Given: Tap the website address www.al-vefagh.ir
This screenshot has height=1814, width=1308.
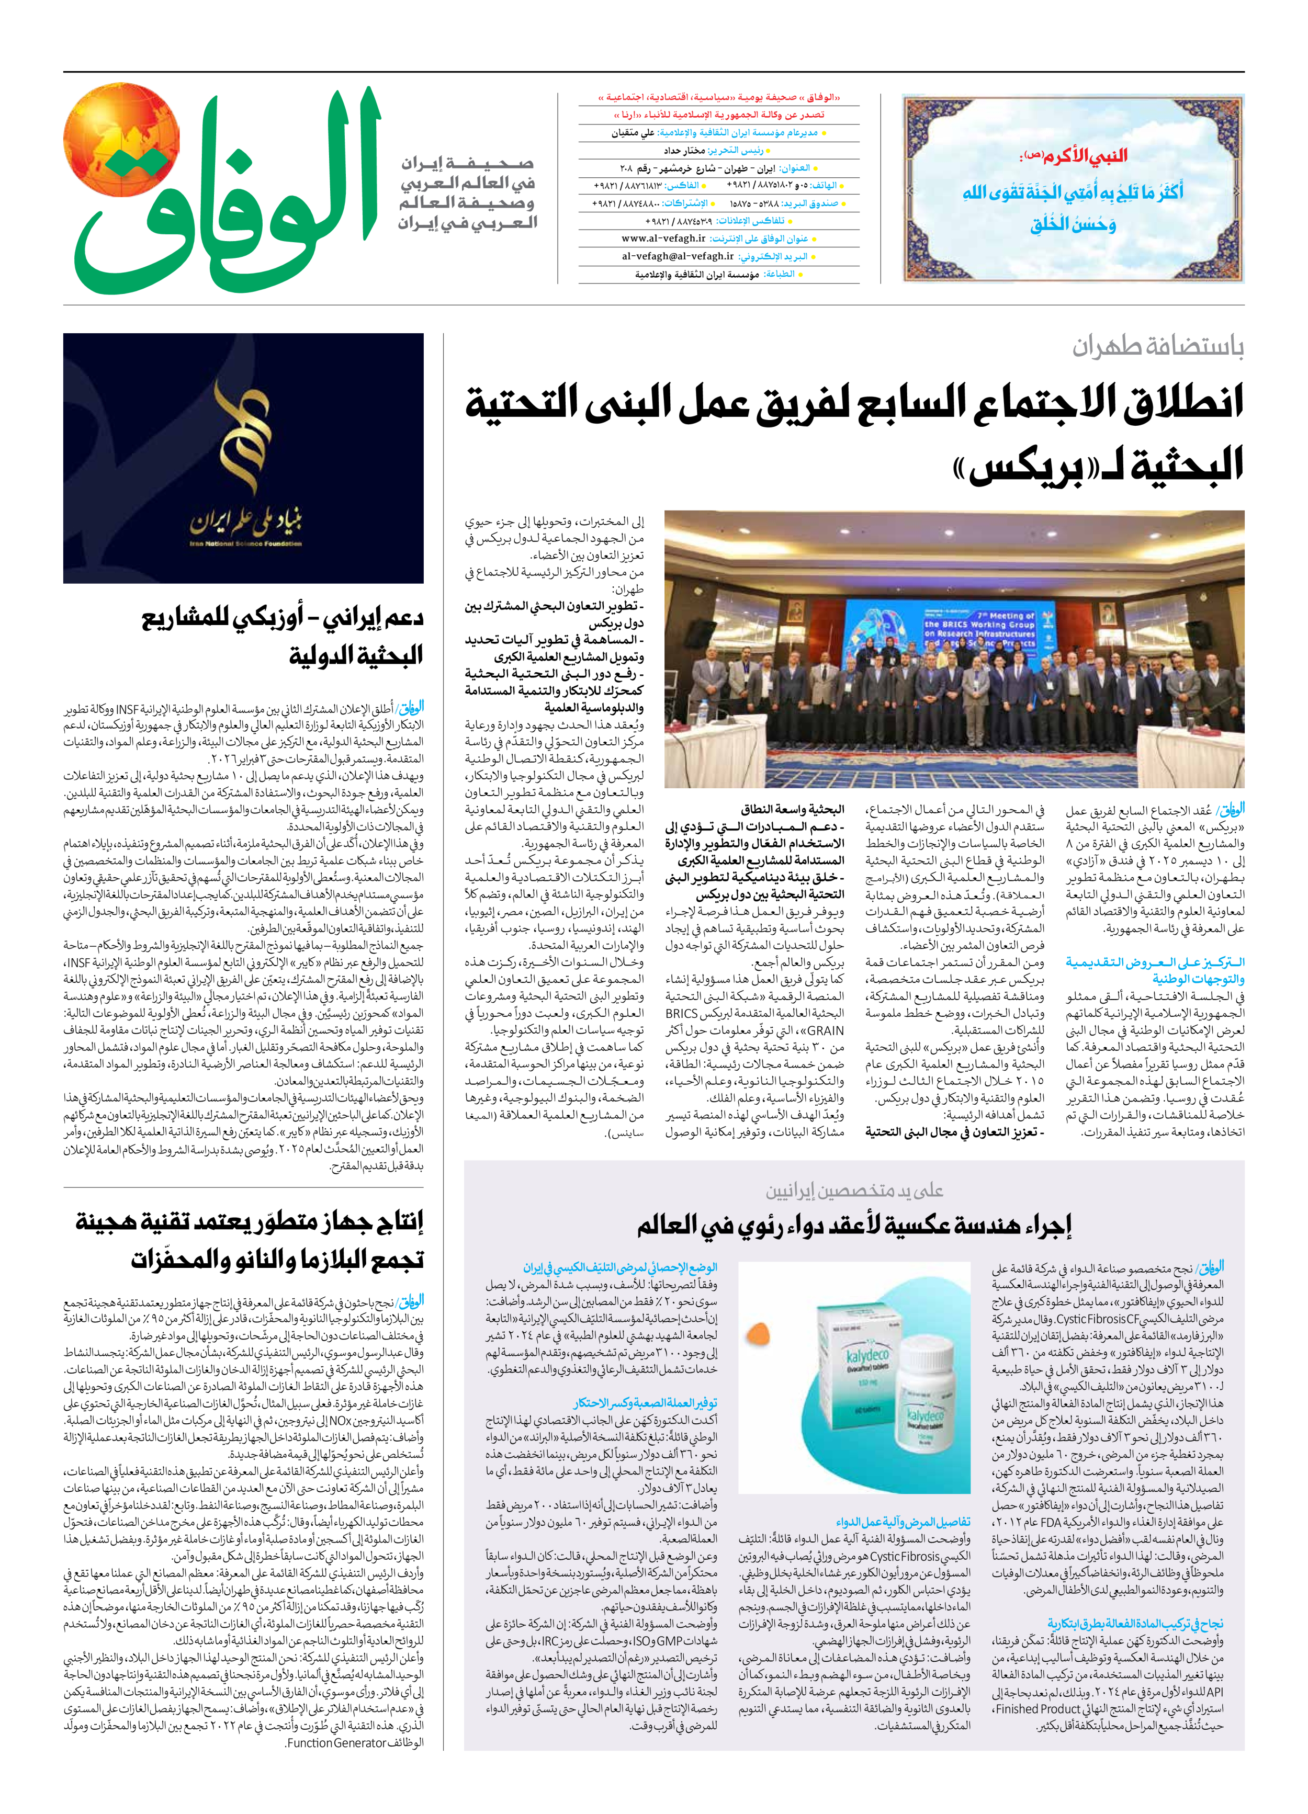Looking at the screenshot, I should [x=663, y=239].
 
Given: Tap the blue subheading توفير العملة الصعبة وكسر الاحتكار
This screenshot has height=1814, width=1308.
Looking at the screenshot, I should [x=645, y=1403].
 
